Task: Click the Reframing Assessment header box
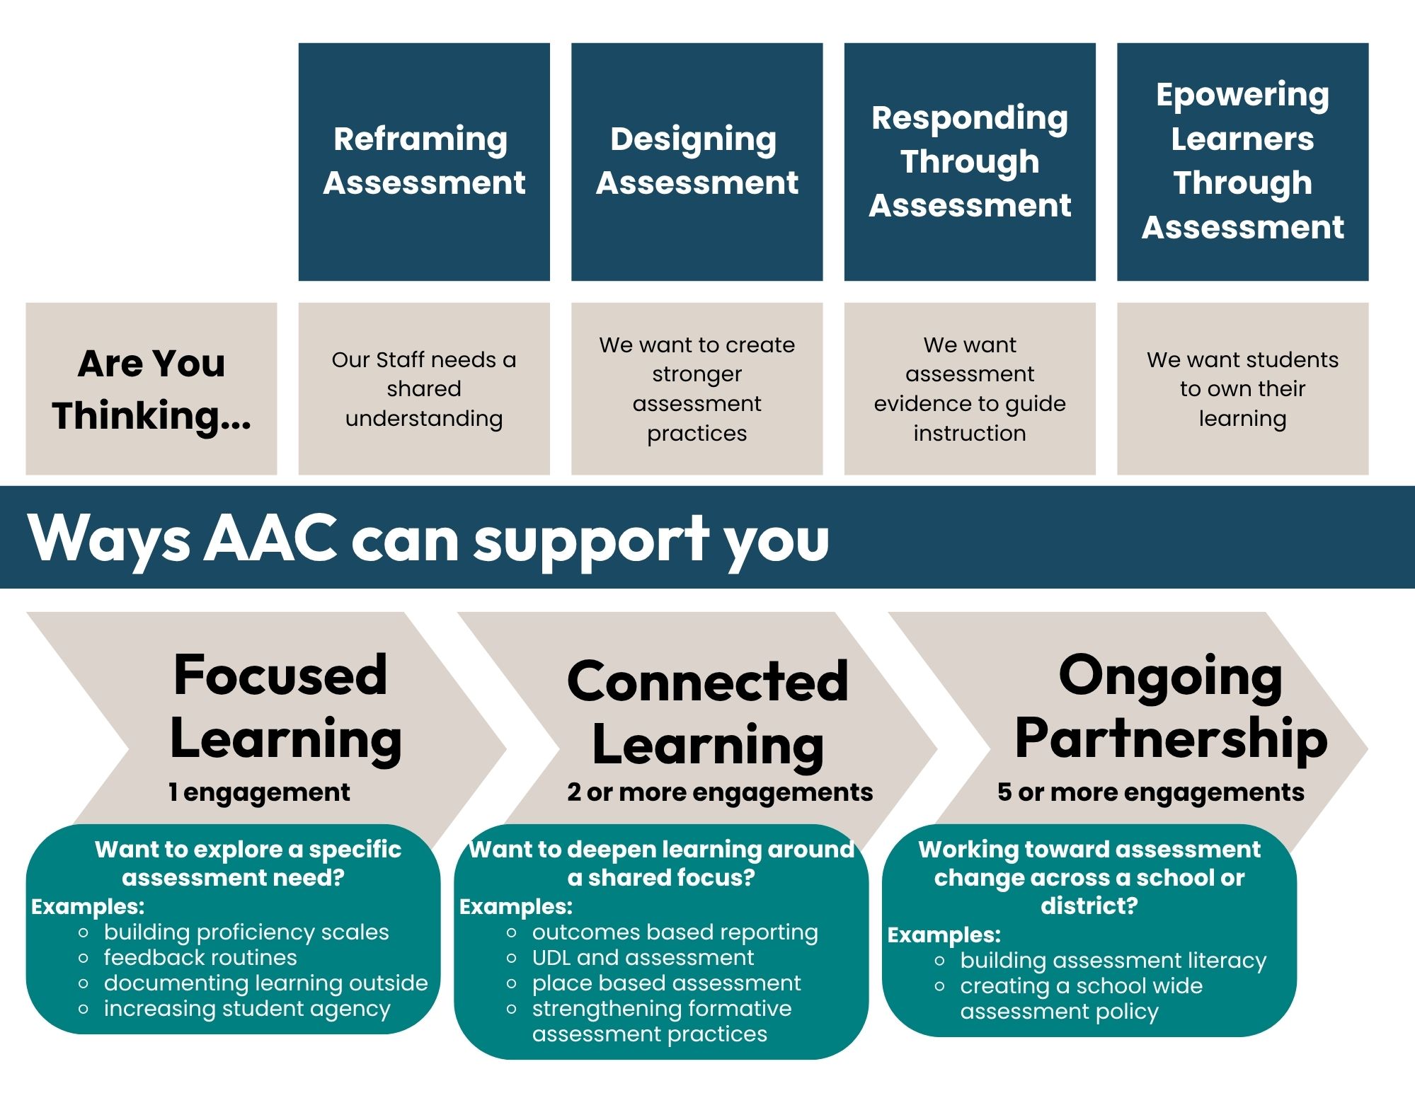click(x=424, y=161)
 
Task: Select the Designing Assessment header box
click(x=697, y=161)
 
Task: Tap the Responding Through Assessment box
click(x=970, y=161)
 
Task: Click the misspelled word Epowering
click(x=1242, y=96)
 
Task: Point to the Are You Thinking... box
click(x=151, y=388)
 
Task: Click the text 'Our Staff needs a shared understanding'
click(x=424, y=388)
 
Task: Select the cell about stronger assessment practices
click(x=697, y=388)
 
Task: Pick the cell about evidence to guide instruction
click(x=970, y=388)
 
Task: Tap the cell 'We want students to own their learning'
click(x=1242, y=388)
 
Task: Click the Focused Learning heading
click(x=285, y=707)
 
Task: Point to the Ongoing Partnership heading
click(x=1171, y=707)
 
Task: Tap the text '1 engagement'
click(x=259, y=792)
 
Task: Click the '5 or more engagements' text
click(x=1150, y=792)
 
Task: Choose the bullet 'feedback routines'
click(x=200, y=958)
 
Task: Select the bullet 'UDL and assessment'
click(x=643, y=958)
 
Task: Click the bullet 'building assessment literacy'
click(x=1113, y=961)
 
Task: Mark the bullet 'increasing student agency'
click(x=247, y=1009)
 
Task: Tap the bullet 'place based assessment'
click(x=666, y=983)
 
